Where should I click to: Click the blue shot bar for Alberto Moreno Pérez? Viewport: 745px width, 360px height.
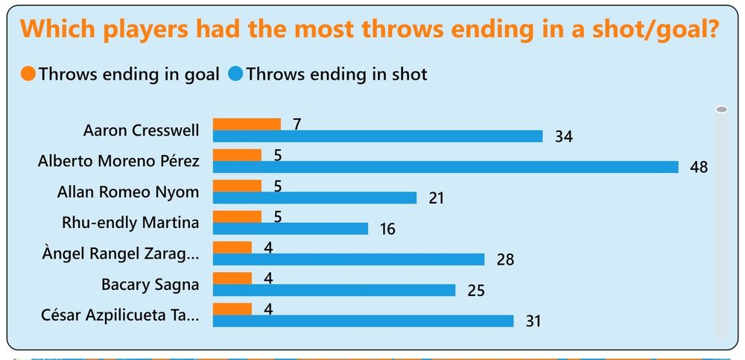(446, 167)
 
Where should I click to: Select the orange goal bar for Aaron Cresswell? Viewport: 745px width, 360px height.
(247, 124)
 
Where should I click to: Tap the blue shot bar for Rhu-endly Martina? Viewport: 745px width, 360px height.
(291, 228)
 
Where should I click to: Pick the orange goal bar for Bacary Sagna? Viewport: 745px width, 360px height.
(232, 278)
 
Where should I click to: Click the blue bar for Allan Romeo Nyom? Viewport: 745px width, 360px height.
(314, 198)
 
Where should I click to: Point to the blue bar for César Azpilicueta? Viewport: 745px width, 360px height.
(363, 320)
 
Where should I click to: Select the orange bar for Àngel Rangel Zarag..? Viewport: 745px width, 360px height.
(232, 247)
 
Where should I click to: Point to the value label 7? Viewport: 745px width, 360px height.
(297, 124)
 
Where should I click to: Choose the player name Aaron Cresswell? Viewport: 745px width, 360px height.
(141, 130)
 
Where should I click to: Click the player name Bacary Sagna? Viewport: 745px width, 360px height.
(150, 284)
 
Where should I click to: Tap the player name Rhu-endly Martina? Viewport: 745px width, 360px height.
(130, 222)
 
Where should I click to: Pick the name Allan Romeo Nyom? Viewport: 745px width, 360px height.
(128, 192)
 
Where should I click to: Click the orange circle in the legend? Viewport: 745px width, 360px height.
(29, 74)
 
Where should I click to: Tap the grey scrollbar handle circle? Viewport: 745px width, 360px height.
(720, 110)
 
